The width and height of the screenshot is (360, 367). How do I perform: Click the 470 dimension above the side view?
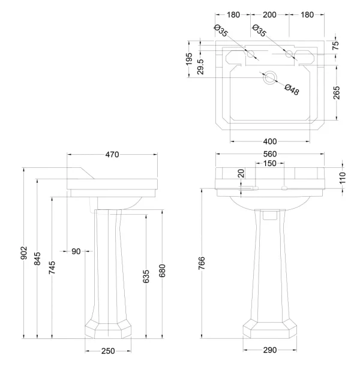coord(112,155)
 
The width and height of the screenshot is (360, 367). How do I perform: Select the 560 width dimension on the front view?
coord(269,155)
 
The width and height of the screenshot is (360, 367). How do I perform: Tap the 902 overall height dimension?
coord(23,252)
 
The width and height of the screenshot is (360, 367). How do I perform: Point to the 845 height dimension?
coord(38,259)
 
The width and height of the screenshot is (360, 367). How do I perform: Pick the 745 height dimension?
coord(53,266)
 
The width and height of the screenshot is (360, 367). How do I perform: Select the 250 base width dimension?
coord(108,351)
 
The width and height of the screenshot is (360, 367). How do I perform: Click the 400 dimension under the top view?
coord(269,142)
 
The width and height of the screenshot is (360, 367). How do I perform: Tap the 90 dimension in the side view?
coord(76,251)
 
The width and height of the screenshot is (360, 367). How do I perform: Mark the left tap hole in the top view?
coord(251,55)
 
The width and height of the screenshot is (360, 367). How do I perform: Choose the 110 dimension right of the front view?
coord(343,178)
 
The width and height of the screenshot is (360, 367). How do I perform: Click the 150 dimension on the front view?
coord(269,163)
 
